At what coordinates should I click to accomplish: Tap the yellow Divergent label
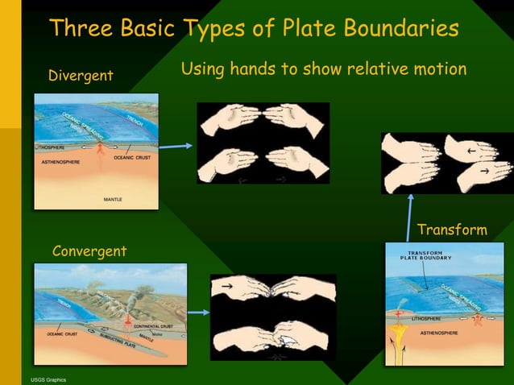(x=81, y=76)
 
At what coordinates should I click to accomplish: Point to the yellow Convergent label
(x=89, y=251)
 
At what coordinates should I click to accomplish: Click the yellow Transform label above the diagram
(x=452, y=231)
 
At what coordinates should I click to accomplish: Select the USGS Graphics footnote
(x=48, y=379)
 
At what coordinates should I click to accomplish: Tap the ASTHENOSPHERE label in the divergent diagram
(x=61, y=162)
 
